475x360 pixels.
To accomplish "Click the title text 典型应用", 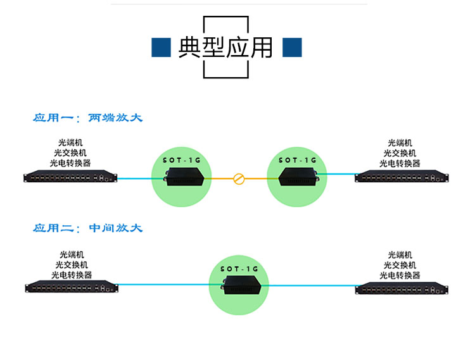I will tap(226, 47).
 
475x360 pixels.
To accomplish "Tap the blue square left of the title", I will tap(161, 47).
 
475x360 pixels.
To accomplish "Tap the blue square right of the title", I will tap(291, 47).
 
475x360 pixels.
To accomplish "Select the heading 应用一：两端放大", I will tap(88, 118).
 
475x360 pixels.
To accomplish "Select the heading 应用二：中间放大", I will tap(88, 228).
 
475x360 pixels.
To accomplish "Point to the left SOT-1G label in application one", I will tap(181, 161).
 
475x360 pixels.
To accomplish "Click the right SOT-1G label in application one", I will tap(298, 160).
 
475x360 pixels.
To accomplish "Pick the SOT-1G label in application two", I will tap(239, 269).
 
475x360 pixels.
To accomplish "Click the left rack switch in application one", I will tap(70, 176).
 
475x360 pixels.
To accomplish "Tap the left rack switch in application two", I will tap(70, 287).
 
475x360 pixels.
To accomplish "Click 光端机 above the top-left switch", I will tap(70, 143).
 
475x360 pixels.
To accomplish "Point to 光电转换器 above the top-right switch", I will tap(400, 163).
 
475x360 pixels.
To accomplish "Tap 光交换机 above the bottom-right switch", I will tap(400, 264).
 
